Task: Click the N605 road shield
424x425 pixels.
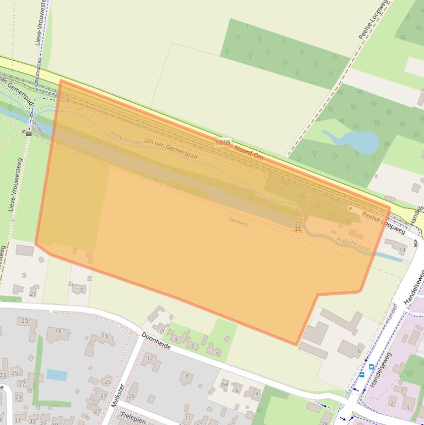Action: click(223, 142)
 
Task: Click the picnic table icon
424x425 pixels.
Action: click(298, 229)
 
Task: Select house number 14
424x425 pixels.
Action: click(402, 251)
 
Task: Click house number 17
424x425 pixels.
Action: click(79, 290)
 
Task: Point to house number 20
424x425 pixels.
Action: click(24, 321)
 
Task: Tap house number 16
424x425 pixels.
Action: click(105, 336)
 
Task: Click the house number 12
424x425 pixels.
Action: click(150, 359)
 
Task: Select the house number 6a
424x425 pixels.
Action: click(224, 383)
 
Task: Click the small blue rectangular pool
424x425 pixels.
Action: click(57, 375)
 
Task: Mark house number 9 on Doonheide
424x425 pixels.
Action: click(176, 339)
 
